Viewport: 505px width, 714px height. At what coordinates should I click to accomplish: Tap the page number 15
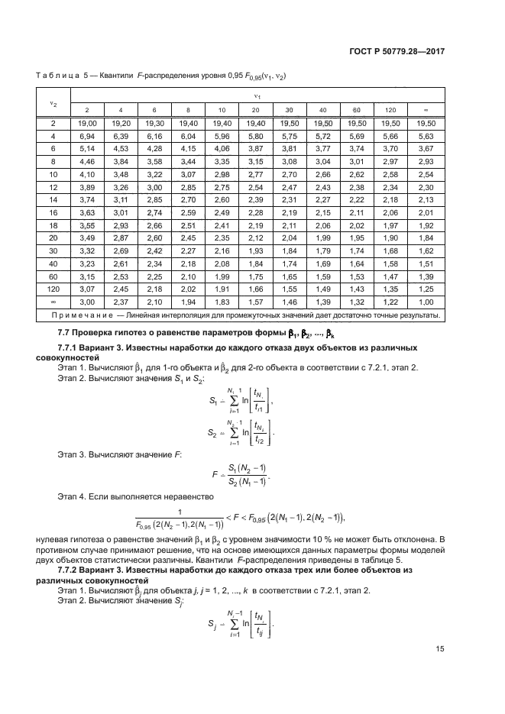(441, 650)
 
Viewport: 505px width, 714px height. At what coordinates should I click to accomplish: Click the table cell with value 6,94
(87, 135)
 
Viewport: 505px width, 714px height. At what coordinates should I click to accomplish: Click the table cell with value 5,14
(87, 147)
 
